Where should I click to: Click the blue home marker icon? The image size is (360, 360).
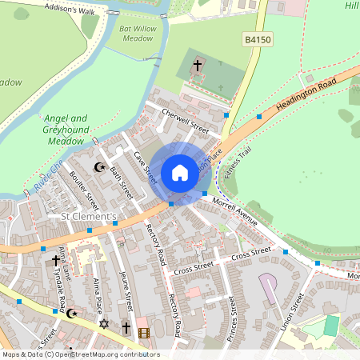coord(180,172)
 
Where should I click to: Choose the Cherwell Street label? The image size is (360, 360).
coord(185,120)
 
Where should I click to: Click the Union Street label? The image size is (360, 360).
coord(298,314)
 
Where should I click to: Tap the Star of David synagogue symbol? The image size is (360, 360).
coord(102,324)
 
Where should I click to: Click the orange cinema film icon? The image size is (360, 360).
coord(144,332)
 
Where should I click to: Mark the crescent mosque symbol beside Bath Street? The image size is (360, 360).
coord(100,167)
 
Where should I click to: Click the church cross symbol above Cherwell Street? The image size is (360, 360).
coord(198,64)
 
